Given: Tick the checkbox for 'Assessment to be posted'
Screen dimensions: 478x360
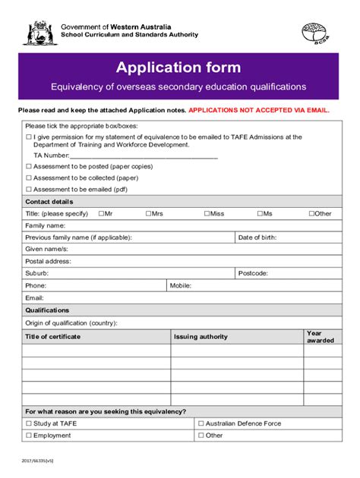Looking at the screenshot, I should tap(29, 166).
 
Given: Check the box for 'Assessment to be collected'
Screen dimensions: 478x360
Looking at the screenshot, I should tap(29, 178).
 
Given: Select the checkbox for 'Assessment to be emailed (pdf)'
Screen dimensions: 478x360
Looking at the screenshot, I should tap(29, 190).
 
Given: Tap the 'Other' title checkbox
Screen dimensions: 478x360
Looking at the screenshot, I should tap(311, 214).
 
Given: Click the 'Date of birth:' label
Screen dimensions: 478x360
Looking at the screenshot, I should tap(257, 237).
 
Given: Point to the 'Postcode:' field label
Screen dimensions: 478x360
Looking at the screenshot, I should tap(252, 272).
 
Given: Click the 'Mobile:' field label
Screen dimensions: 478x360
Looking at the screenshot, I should tap(180, 285).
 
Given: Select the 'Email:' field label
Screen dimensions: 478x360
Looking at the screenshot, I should tap(34, 298).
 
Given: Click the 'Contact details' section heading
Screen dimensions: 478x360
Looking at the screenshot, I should tap(49, 202).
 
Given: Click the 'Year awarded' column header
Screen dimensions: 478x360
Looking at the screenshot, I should tap(319, 337).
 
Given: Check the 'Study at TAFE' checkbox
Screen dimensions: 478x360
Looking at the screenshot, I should tap(29, 423).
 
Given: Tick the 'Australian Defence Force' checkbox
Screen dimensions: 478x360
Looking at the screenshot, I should tap(201, 423).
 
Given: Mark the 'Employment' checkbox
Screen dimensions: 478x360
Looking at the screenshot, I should tap(29, 436).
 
